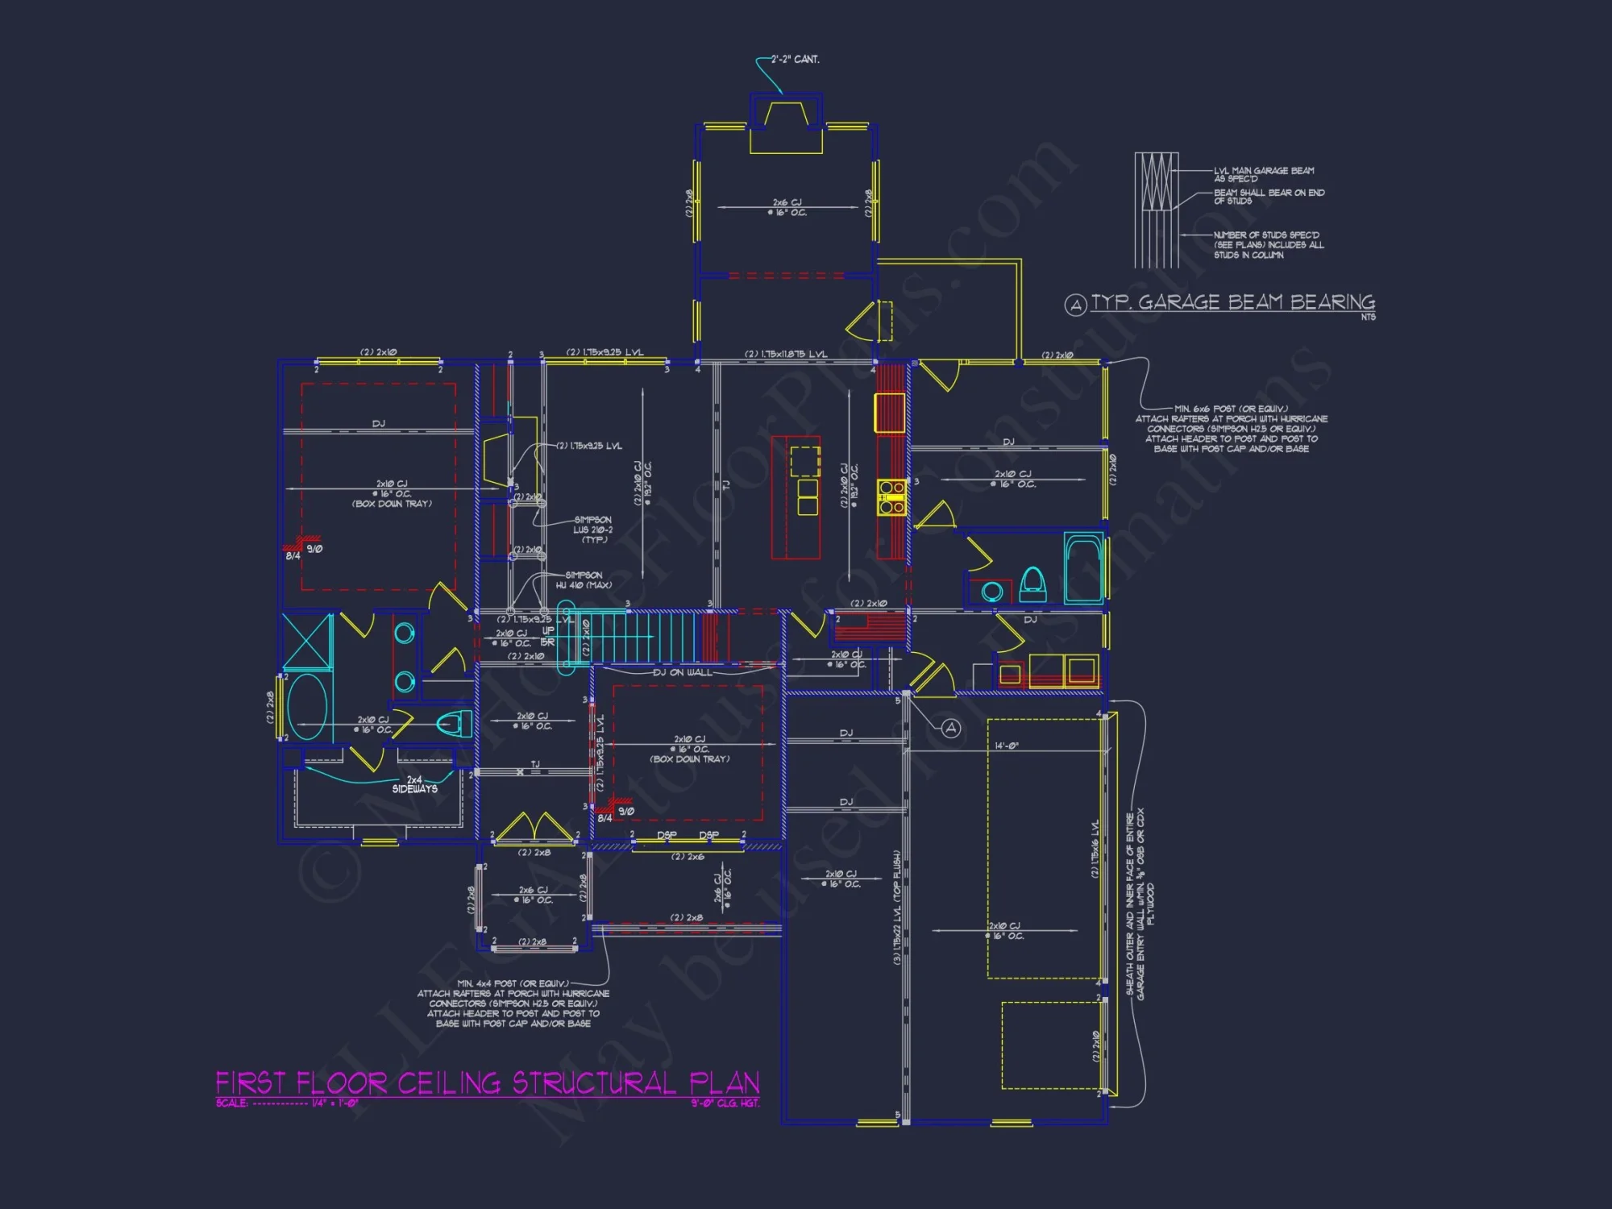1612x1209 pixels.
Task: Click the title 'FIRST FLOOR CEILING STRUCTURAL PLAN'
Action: click(x=488, y=1082)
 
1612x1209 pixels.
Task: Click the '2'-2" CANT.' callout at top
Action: click(x=795, y=59)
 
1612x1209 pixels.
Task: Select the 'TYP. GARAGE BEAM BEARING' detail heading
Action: click(x=1232, y=302)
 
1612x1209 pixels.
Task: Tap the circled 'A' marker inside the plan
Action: click(x=951, y=728)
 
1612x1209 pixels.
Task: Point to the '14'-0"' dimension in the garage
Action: click(x=1007, y=746)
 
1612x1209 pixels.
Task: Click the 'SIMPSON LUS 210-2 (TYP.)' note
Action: click(x=592, y=530)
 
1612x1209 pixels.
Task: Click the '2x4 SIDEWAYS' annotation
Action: click(x=414, y=784)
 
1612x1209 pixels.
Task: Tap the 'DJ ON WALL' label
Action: click(x=682, y=672)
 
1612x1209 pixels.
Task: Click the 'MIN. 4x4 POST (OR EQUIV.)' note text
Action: click(x=513, y=983)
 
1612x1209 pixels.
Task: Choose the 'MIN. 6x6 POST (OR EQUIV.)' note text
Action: click(x=1231, y=409)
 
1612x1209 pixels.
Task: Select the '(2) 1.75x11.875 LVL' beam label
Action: click(x=786, y=354)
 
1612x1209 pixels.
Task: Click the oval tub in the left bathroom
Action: click(x=307, y=708)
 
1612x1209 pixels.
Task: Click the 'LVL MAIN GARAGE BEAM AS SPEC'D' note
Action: click(x=1263, y=174)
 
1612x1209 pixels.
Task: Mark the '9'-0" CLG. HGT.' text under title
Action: click(x=725, y=1103)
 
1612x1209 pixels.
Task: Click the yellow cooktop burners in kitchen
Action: click(x=891, y=497)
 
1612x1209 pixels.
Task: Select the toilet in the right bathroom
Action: click(x=1032, y=584)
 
